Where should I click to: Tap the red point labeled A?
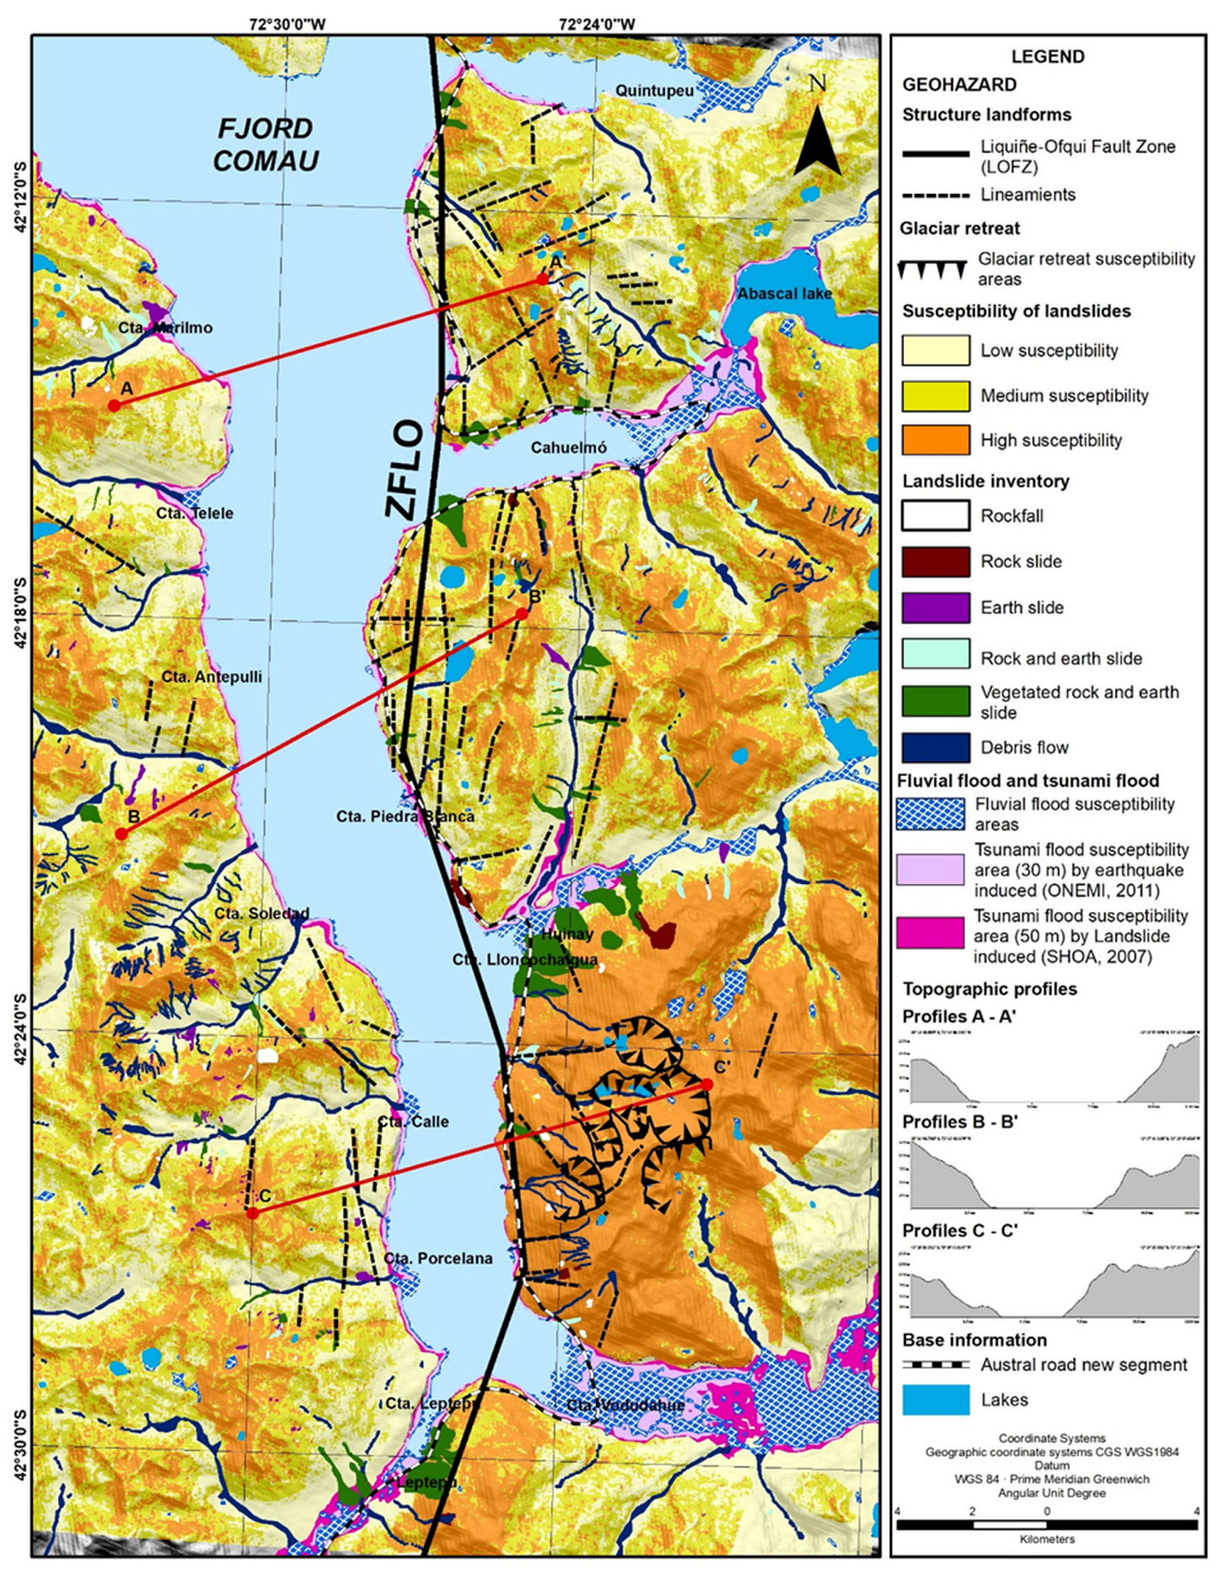click(114, 405)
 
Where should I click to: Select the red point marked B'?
click(521, 614)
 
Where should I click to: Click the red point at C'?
click(707, 1085)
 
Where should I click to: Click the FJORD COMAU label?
click(266, 145)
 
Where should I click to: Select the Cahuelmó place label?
click(568, 448)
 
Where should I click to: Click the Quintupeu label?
click(654, 91)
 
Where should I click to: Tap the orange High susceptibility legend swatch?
click(935, 440)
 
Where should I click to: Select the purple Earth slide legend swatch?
click(935, 606)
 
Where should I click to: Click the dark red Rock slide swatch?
click(935, 561)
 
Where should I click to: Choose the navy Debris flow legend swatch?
click(935, 748)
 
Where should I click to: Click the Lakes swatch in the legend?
click(935, 1399)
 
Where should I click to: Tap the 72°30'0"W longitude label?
click(287, 24)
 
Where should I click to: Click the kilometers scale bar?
click(1047, 1524)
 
